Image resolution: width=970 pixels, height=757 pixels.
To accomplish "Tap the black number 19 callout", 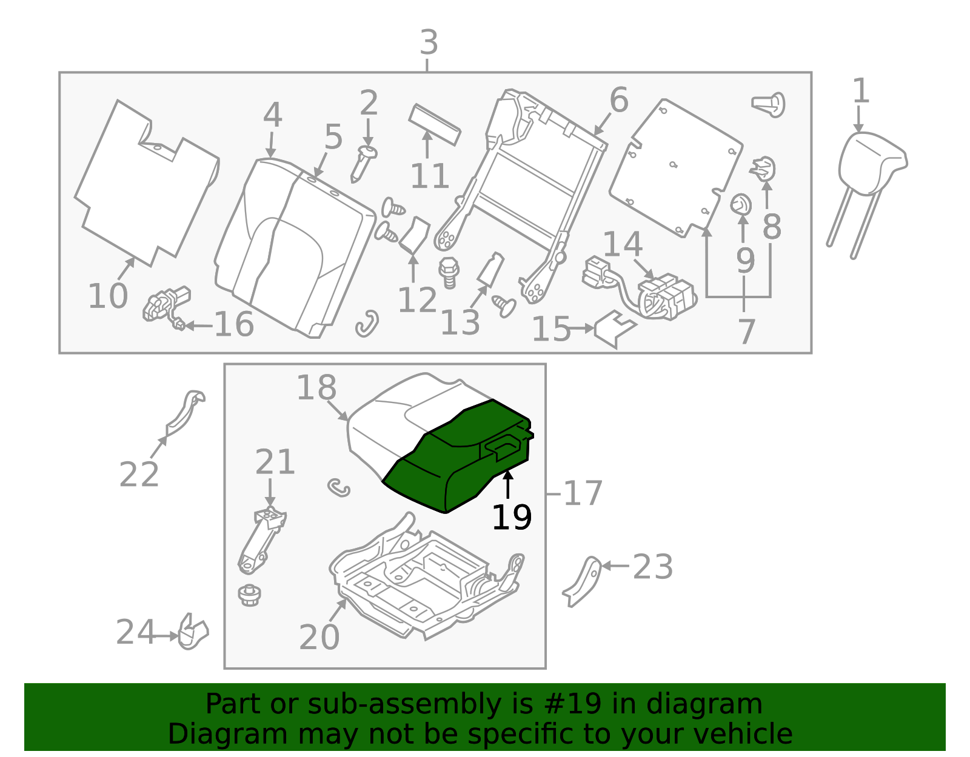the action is click(512, 518).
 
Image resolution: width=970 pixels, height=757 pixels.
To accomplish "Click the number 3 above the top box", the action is click(429, 42).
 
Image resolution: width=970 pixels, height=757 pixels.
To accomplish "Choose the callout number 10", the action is click(108, 296).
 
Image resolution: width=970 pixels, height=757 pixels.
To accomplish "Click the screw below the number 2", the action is click(363, 164).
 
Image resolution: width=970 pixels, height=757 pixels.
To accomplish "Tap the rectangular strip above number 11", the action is click(434, 125).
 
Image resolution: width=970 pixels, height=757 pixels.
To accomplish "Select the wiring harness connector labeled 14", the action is click(638, 288).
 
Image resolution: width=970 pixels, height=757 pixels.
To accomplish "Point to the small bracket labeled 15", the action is click(615, 328).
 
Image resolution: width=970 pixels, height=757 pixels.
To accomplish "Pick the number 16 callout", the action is click(235, 324).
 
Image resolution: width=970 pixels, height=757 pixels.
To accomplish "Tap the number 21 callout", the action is click(275, 462).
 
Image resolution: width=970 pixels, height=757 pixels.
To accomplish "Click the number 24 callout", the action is click(135, 632).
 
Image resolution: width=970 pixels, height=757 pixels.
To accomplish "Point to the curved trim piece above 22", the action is click(184, 414).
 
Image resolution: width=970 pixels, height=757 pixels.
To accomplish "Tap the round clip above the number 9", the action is click(741, 205).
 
